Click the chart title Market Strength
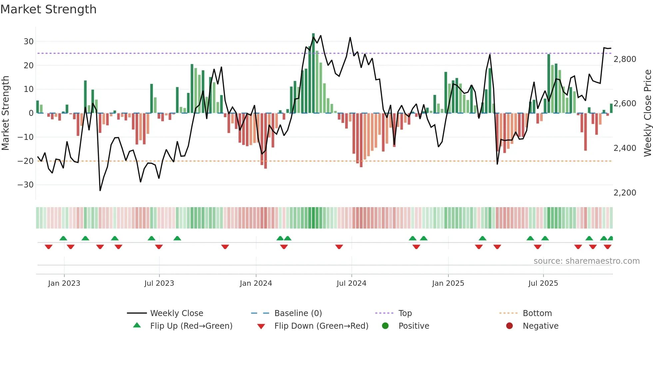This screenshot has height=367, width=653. pyautogui.click(x=48, y=9)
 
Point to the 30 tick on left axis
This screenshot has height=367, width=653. pyautogui.click(x=29, y=42)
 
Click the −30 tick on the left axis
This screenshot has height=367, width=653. pyautogui.click(x=26, y=185)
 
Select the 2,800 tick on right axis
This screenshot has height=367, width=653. pyautogui.click(x=625, y=59)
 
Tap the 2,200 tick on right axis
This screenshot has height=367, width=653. pyautogui.click(x=625, y=193)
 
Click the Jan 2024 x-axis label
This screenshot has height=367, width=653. pyautogui.click(x=256, y=283)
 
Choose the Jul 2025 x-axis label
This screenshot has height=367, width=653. pyautogui.click(x=543, y=283)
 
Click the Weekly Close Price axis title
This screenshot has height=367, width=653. pyautogui.click(x=647, y=113)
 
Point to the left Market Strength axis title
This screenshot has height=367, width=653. pyautogui.click(x=5, y=113)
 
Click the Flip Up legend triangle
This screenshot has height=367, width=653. pyautogui.click(x=137, y=325)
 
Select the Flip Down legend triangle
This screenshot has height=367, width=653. pyautogui.click(x=261, y=326)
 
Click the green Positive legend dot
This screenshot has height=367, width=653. pyautogui.click(x=385, y=326)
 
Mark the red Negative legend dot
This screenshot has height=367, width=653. pyautogui.click(x=509, y=326)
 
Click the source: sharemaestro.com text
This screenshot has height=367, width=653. pyautogui.click(x=586, y=261)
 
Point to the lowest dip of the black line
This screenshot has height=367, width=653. pyautogui.click(x=100, y=190)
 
